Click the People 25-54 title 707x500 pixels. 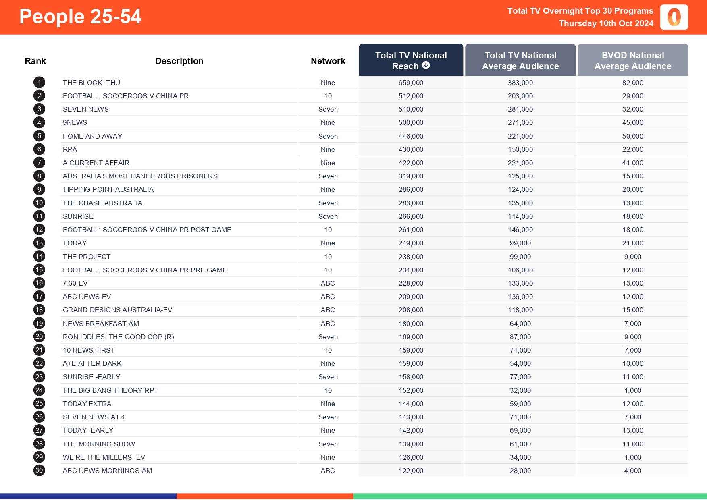[80, 17]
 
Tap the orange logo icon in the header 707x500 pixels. [674, 17]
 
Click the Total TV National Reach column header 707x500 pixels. [411, 60]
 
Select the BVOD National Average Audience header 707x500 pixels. [632, 60]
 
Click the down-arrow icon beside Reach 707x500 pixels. [426, 66]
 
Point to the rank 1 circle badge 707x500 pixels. [39, 83]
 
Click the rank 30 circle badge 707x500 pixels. [39, 470]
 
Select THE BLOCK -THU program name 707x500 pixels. [91, 83]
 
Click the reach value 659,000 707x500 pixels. [411, 83]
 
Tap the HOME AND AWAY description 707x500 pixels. [92, 136]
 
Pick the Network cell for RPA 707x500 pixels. [328, 149]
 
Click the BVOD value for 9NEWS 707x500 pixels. [632, 122]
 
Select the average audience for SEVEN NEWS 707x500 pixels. [520, 109]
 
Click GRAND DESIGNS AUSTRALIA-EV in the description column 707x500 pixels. [117, 310]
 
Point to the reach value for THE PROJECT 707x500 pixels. [411, 257]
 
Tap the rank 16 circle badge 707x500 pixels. [39, 283]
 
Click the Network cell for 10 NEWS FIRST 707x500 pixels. [328, 350]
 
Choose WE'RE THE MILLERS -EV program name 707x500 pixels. [104, 457]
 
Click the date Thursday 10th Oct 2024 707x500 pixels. [606, 23]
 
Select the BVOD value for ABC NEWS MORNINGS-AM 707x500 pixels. [632, 471]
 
